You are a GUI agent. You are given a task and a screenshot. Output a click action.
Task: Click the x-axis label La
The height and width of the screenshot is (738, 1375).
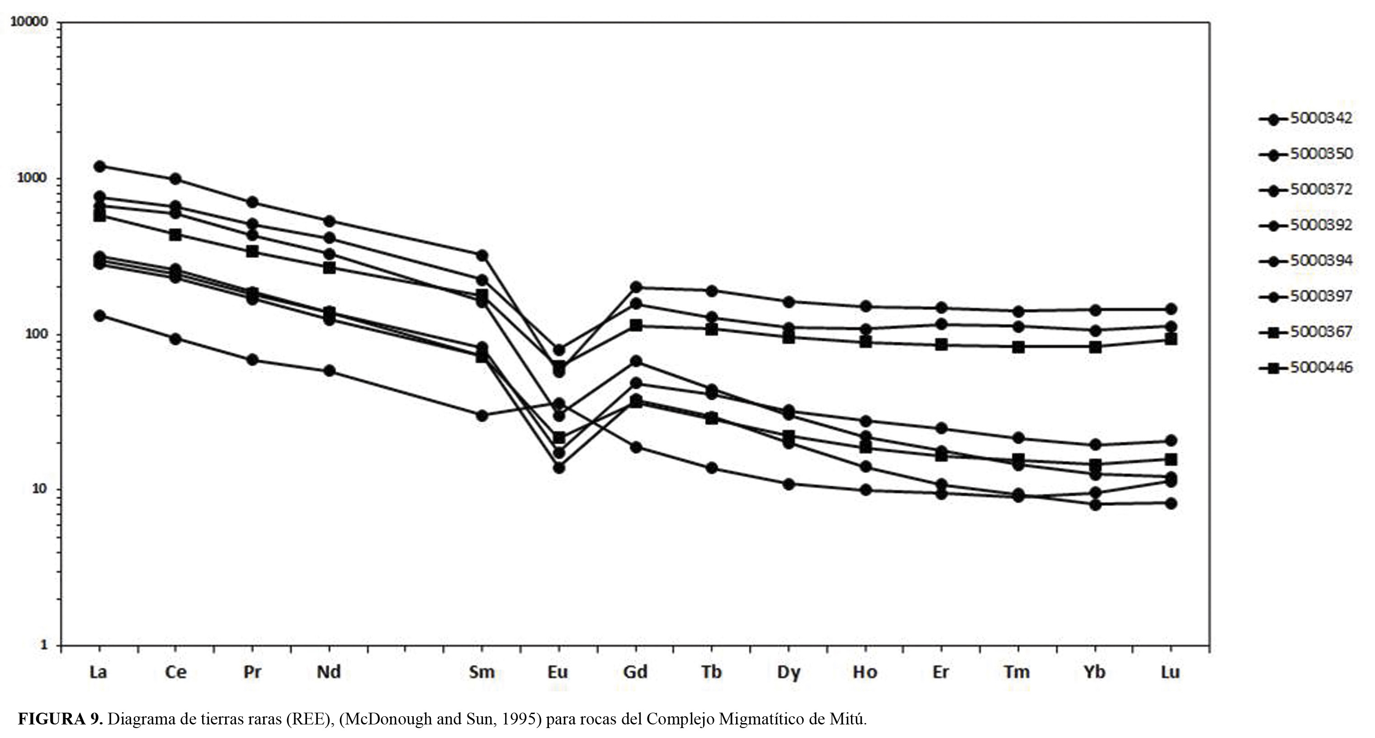coord(98,672)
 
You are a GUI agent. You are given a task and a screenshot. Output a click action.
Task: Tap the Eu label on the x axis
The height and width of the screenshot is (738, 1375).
coord(558,672)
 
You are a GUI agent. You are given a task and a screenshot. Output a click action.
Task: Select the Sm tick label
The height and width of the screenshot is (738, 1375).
coord(482,672)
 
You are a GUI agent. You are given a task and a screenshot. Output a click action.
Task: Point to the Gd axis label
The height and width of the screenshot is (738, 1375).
coord(635,672)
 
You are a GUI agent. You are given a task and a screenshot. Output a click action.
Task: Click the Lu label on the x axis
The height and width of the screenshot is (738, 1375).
coord(1170,672)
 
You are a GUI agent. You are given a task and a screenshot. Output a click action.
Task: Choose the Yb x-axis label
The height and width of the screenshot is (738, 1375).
coord(1094,672)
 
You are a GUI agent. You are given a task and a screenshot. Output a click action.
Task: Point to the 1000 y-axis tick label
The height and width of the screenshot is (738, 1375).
coord(33,178)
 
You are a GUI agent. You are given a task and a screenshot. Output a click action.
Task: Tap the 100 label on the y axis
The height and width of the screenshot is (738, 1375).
coord(36,334)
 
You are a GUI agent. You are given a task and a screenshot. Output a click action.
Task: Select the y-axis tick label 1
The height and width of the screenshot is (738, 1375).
coord(44,644)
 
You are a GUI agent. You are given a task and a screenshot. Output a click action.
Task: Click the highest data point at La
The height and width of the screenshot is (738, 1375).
coord(99,166)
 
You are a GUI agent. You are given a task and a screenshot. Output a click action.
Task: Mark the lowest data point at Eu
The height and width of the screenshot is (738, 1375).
coord(559,468)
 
